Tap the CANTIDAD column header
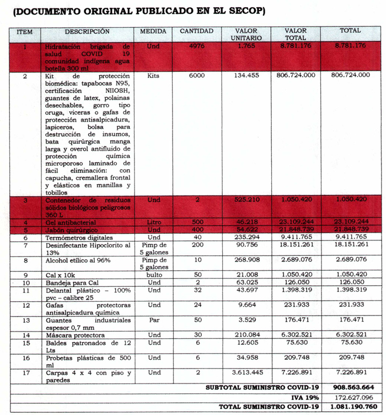197,31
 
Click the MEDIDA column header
153,31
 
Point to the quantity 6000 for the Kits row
197,76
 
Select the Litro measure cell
153,222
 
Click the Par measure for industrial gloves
154,321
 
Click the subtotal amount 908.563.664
353,387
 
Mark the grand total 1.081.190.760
353,407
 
